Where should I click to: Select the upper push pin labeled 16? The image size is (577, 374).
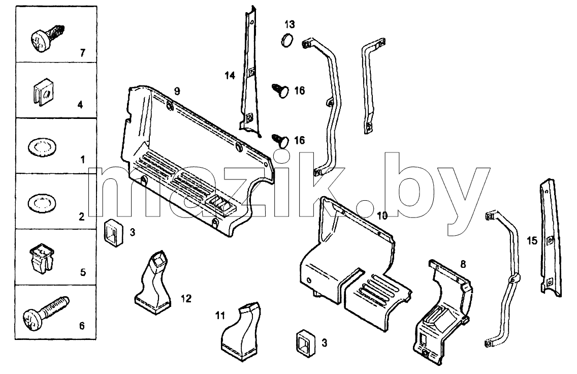point(281,90)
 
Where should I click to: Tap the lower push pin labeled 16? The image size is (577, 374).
point(281,140)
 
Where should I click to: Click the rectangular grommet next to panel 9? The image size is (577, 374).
point(113,233)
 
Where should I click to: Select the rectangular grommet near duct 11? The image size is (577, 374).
point(306,344)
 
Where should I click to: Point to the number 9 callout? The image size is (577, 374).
point(177,91)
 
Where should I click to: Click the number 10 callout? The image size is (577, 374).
point(382,216)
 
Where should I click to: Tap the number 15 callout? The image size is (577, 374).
point(532,241)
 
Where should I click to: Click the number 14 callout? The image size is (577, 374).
point(230,76)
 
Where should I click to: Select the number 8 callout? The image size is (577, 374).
point(463,264)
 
